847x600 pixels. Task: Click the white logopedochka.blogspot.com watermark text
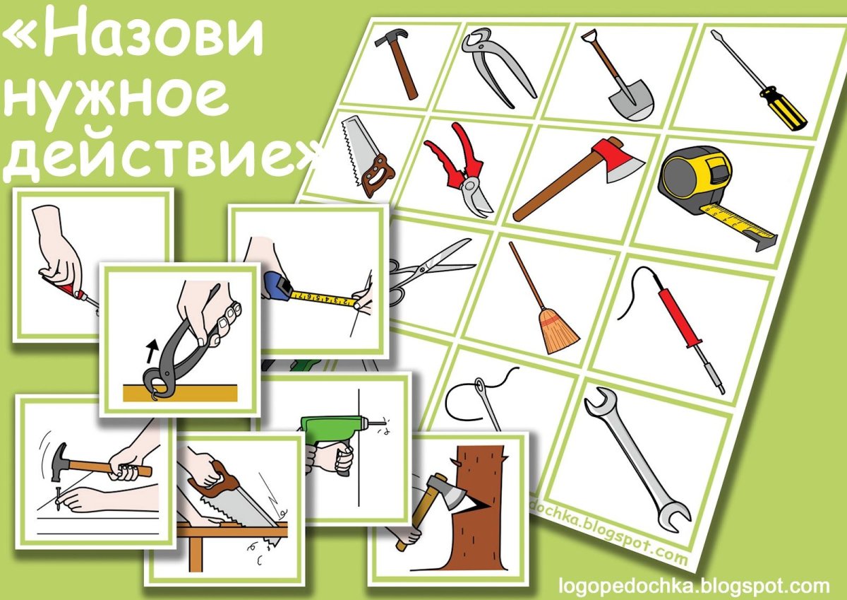[694, 586]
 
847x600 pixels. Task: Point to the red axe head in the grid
[618, 159]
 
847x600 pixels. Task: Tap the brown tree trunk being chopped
[480, 495]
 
